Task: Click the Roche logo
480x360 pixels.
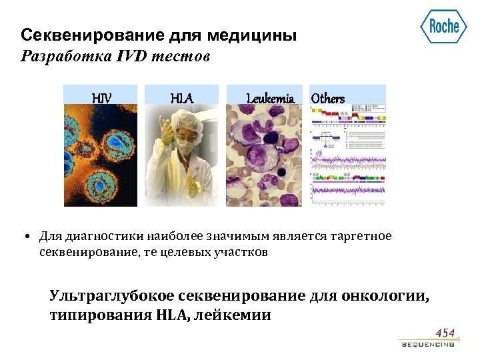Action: coord(443,27)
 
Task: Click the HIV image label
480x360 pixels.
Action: coord(101,99)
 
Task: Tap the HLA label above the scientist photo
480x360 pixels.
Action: coord(181,99)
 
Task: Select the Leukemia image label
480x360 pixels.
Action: coord(270,99)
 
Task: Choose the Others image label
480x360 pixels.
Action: coord(328,99)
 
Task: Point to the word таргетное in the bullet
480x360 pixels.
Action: coord(365,236)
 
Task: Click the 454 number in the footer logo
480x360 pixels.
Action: coord(445,333)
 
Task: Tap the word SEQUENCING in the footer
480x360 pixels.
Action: coord(428,345)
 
